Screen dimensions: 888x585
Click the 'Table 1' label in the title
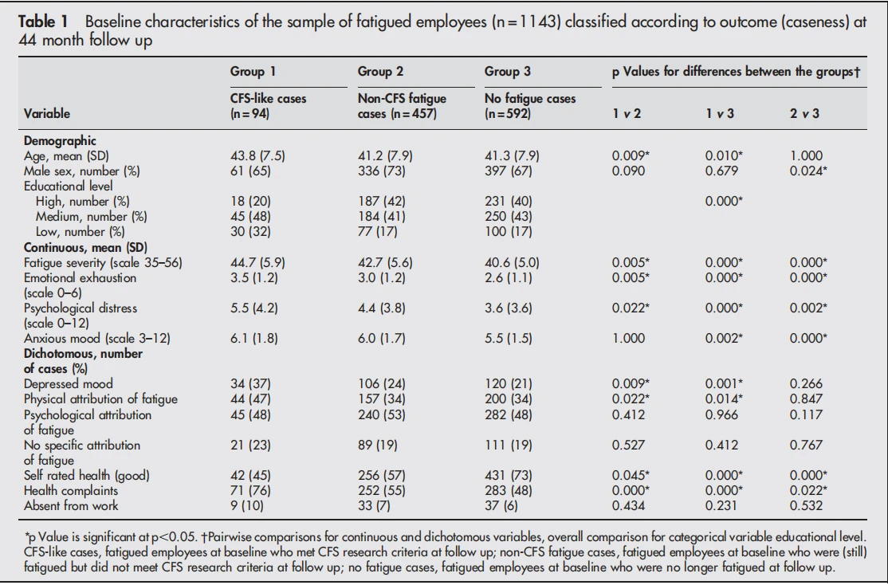pyautogui.click(x=43, y=22)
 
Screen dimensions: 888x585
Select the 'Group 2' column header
pyautogui.click(x=380, y=72)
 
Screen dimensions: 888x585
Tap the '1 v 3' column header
pyautogui.click(x=720, y=113)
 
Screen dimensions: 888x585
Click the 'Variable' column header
pyautogui.click(x=47, y=113)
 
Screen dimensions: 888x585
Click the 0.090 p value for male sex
pyautogui.click(x=628, y=171)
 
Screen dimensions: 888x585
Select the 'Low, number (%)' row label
pyautogui.click(x=80, y=232)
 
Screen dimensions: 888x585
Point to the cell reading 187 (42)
pyautogui.click(x=382, y=202)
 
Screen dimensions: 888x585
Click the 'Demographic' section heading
pyautogui.click(x=60, y=141)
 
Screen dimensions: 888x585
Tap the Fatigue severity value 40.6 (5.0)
pyautogui.click(x=512, y=263)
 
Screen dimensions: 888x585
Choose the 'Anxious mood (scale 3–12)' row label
pyautogui.click(x=96, y=339)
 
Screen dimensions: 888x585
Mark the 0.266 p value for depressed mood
pyautogui.click(x=806, y=384)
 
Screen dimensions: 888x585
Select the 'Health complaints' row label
pyautogui.click(x=71, y=491)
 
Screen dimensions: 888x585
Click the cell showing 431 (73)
pyautogui.click(x=509, y=476)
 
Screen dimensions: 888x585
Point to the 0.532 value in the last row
pyautogui.click(x=806, y=506)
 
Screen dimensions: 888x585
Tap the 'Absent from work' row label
pyautogui.click(x=71, y=506)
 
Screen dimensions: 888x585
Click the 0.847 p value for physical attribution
pyautogui.click(x=806, y=399)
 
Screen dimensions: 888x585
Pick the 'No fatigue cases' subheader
pyautogui.click(x=530, y=99)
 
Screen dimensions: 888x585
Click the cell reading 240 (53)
pyautogui.click(x=382, y=415)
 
